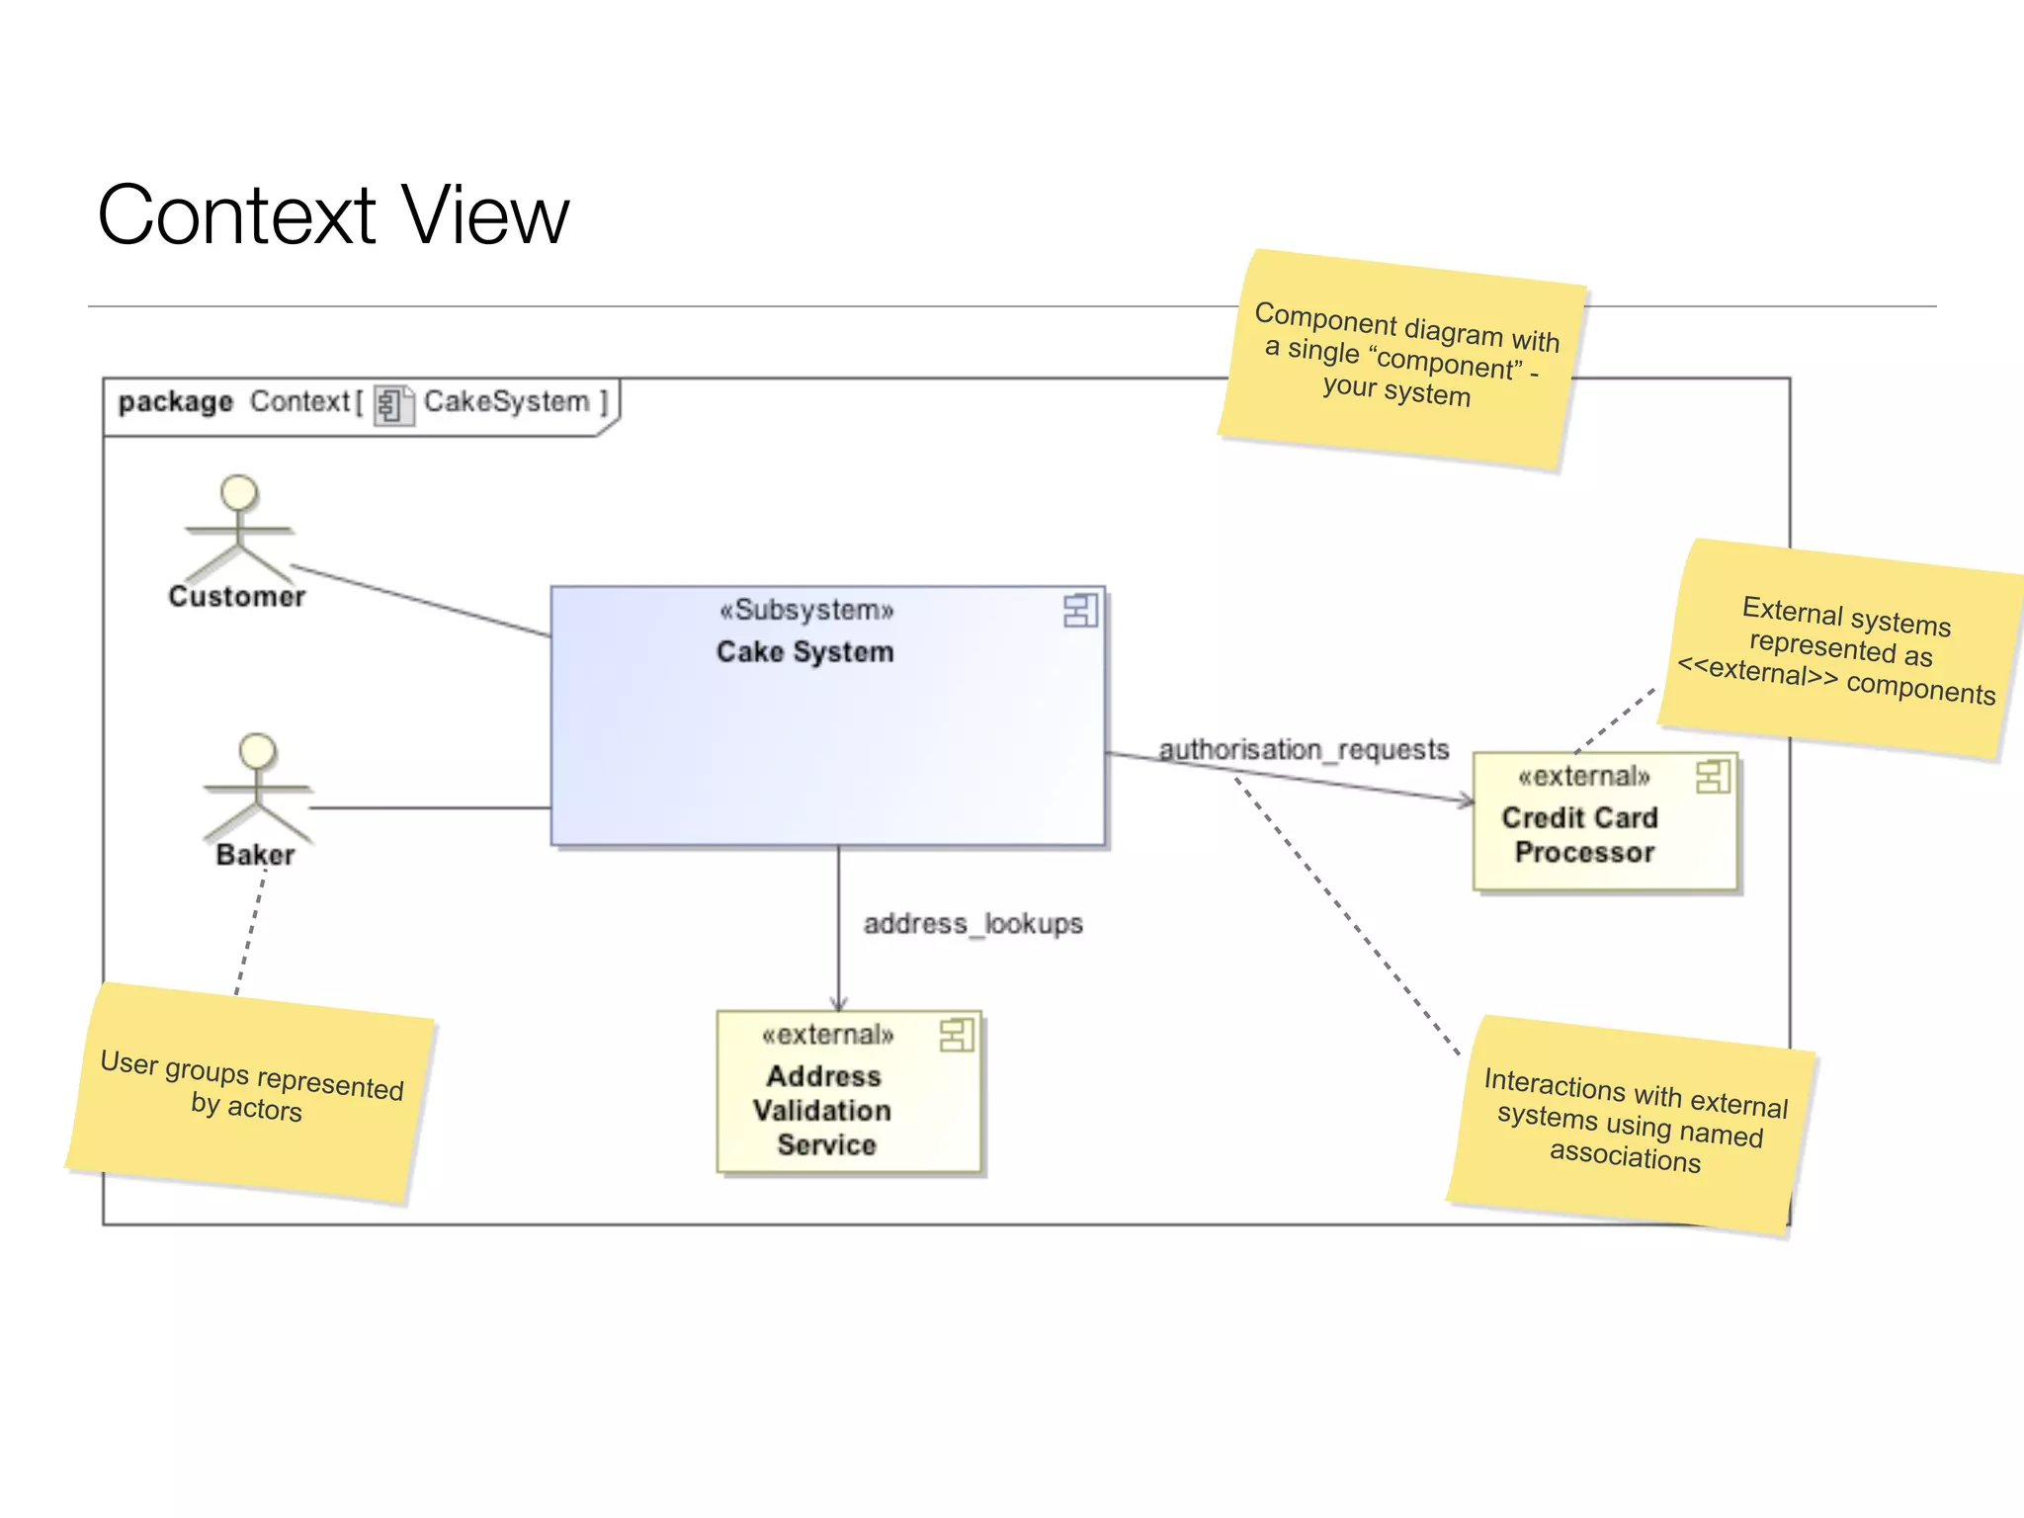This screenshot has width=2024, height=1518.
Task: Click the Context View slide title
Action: pos(333,215)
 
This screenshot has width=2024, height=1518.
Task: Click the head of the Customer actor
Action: pos(239,492)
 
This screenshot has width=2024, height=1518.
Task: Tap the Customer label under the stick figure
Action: pos(237,597)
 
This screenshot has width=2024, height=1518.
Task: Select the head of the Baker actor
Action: pos(258,751)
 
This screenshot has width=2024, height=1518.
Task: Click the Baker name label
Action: pos(255,855)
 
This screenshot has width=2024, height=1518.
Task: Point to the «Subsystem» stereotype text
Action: pos(806,610)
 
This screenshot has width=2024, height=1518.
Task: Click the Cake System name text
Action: pos(804,652)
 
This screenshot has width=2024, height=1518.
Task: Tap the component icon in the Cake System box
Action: pos(1079,611)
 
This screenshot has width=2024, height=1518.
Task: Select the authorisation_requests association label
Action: pos(1304,750)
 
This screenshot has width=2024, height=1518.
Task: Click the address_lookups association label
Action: pos(972,924)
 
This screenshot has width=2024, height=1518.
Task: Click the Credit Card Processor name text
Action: pos(1581,835)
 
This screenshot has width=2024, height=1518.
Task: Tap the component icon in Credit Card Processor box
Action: pos(1712,777)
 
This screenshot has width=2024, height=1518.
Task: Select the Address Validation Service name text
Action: pos(823,1110)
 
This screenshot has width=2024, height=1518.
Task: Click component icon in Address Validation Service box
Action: pos(956,1036)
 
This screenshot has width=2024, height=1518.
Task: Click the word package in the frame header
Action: pos(175,402)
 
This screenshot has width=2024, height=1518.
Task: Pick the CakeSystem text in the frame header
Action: pos(506,402)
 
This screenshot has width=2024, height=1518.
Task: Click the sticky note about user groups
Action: pos(251,1092)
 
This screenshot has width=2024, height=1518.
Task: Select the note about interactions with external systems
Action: pos(1631,1125)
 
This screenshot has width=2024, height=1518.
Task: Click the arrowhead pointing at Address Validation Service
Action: pos(839,1004)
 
